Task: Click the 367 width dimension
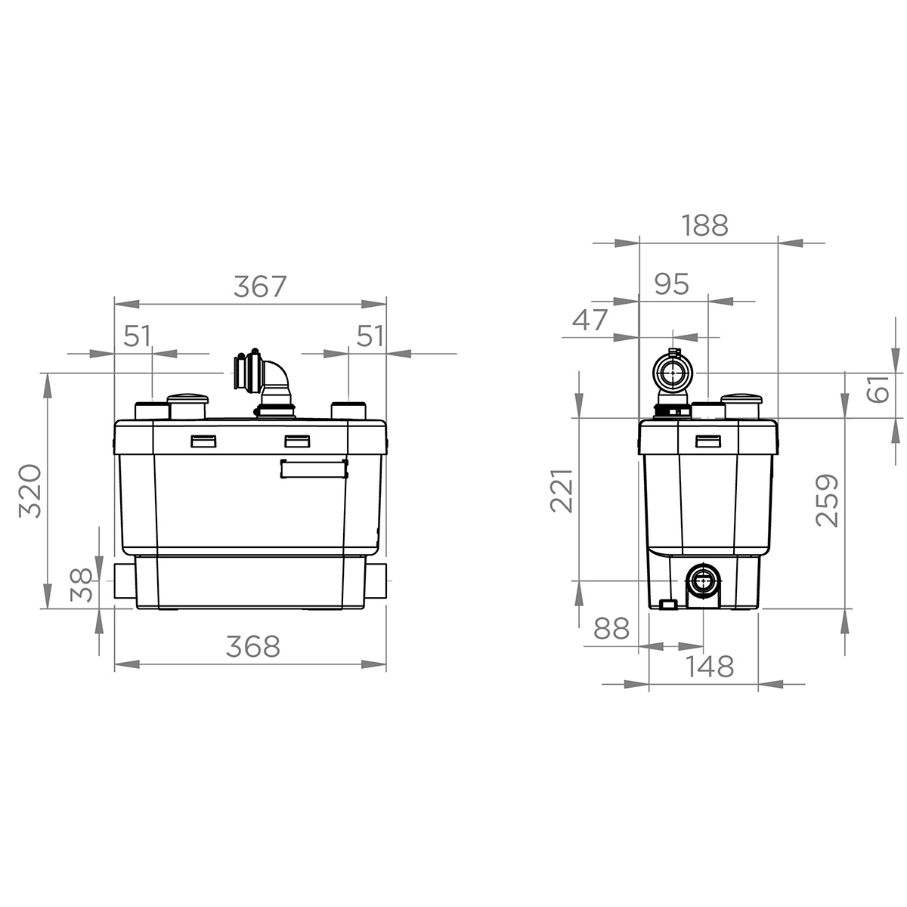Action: click(260, 286)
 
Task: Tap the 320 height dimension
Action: click(30, 491)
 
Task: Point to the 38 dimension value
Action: click(82, 585)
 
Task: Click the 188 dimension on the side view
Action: click(704, 225)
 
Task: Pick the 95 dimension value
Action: click(672, 284)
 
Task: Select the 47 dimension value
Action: click(590, 320)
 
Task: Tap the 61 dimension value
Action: click(878, 388)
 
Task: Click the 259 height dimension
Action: click(828, 500)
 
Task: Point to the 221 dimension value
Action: click(562, 491)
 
